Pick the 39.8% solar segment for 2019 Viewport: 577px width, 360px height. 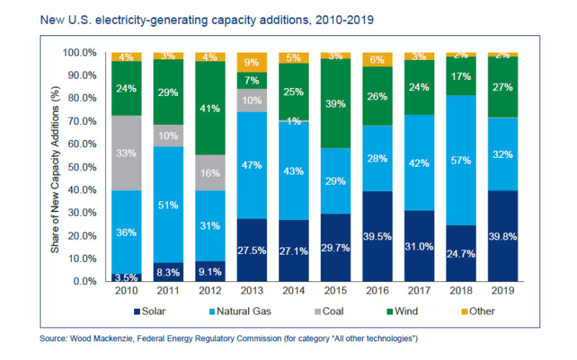(503, 235)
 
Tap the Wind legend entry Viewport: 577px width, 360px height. (383, 311)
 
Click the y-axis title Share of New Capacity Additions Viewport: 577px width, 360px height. (54, 167)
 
